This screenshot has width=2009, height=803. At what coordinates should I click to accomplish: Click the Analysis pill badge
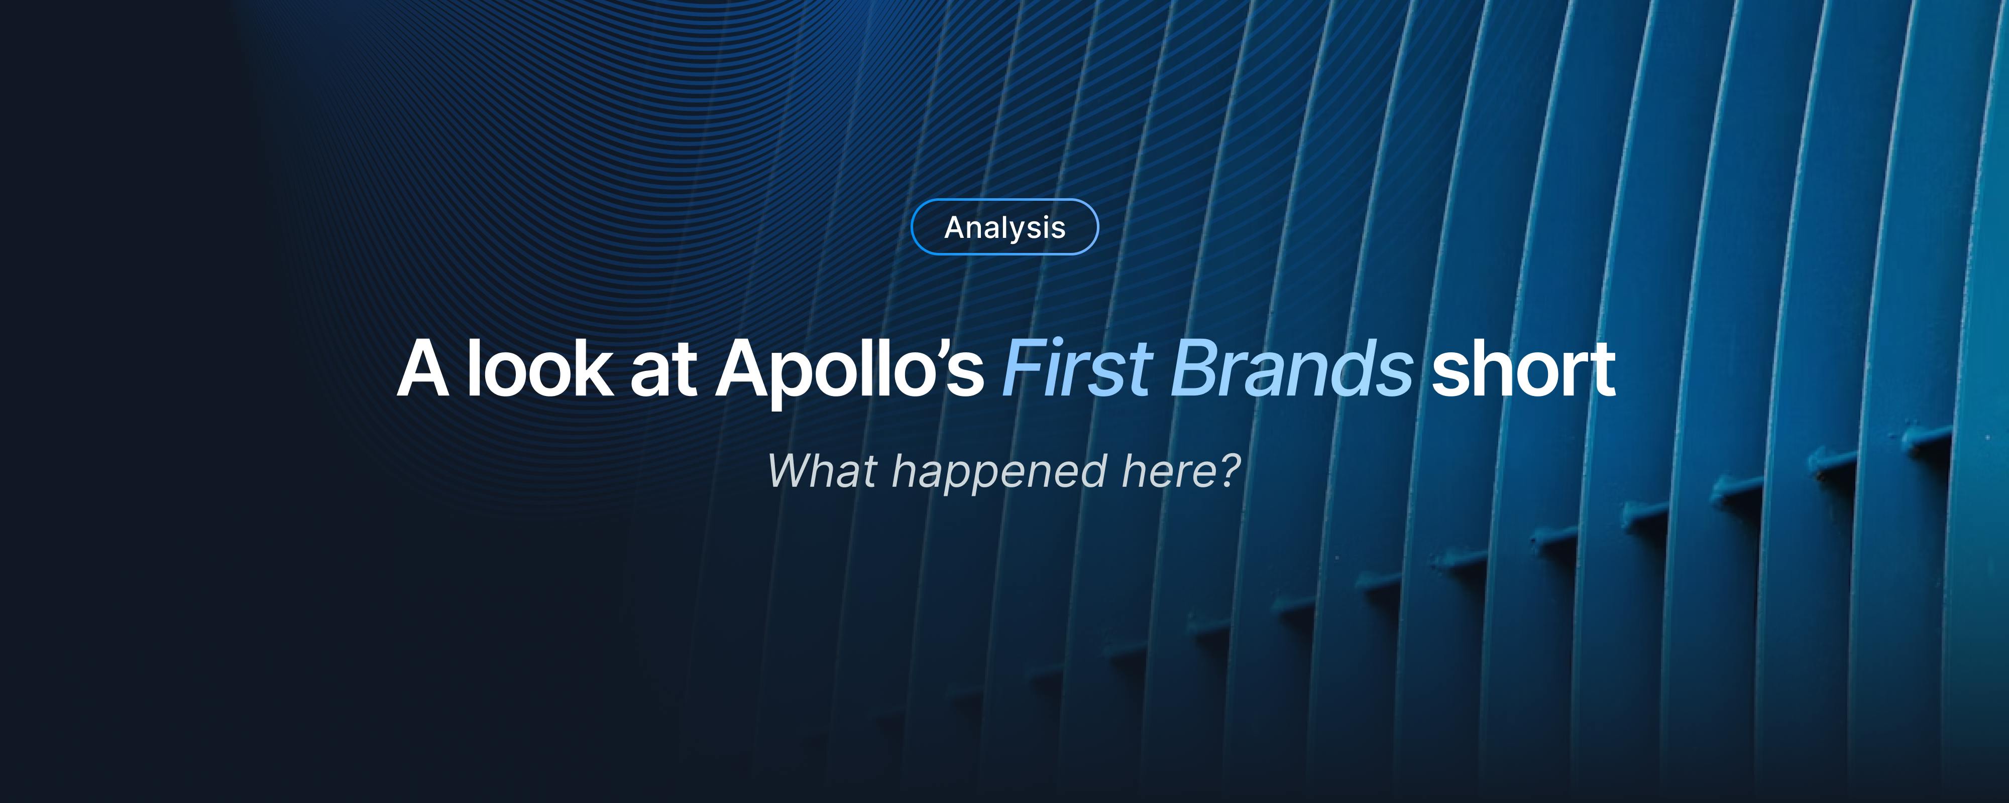1004,227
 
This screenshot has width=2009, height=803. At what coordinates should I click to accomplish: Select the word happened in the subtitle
999,472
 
